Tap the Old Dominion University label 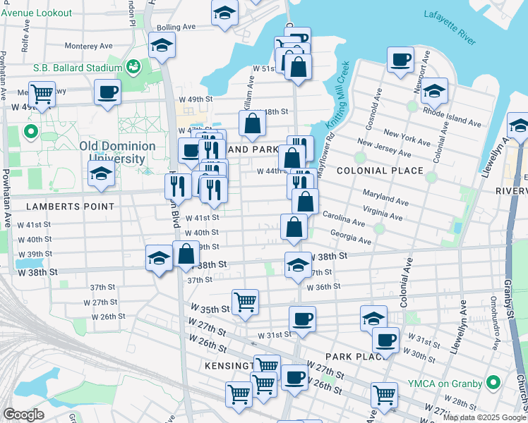coord(117,152)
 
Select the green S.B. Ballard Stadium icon coord(133,67)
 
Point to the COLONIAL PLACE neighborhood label coord(380,171)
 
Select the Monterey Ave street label coord(89,46)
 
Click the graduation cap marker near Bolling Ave coord(162,44)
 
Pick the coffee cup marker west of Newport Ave coord(401,59)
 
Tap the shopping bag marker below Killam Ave coord(252,124)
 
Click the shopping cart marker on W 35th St coord(245,301)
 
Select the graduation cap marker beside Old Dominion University coord(101,174)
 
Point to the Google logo coord(24,414)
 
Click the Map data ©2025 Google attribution coord(484,417)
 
